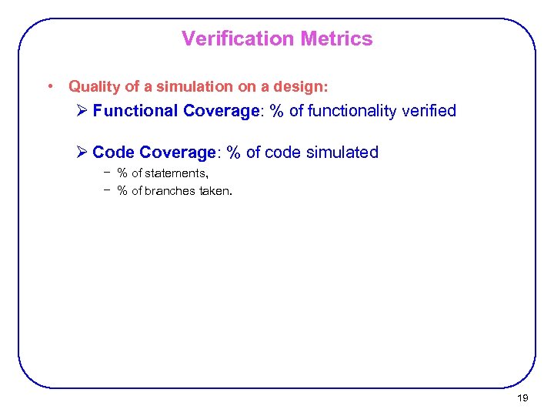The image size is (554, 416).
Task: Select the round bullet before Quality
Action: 49,86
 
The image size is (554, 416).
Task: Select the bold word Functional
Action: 135,111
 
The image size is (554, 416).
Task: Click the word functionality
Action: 360,111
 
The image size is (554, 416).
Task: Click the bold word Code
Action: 114,153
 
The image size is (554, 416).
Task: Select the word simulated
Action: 342,153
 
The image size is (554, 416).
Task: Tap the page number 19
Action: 522,398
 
